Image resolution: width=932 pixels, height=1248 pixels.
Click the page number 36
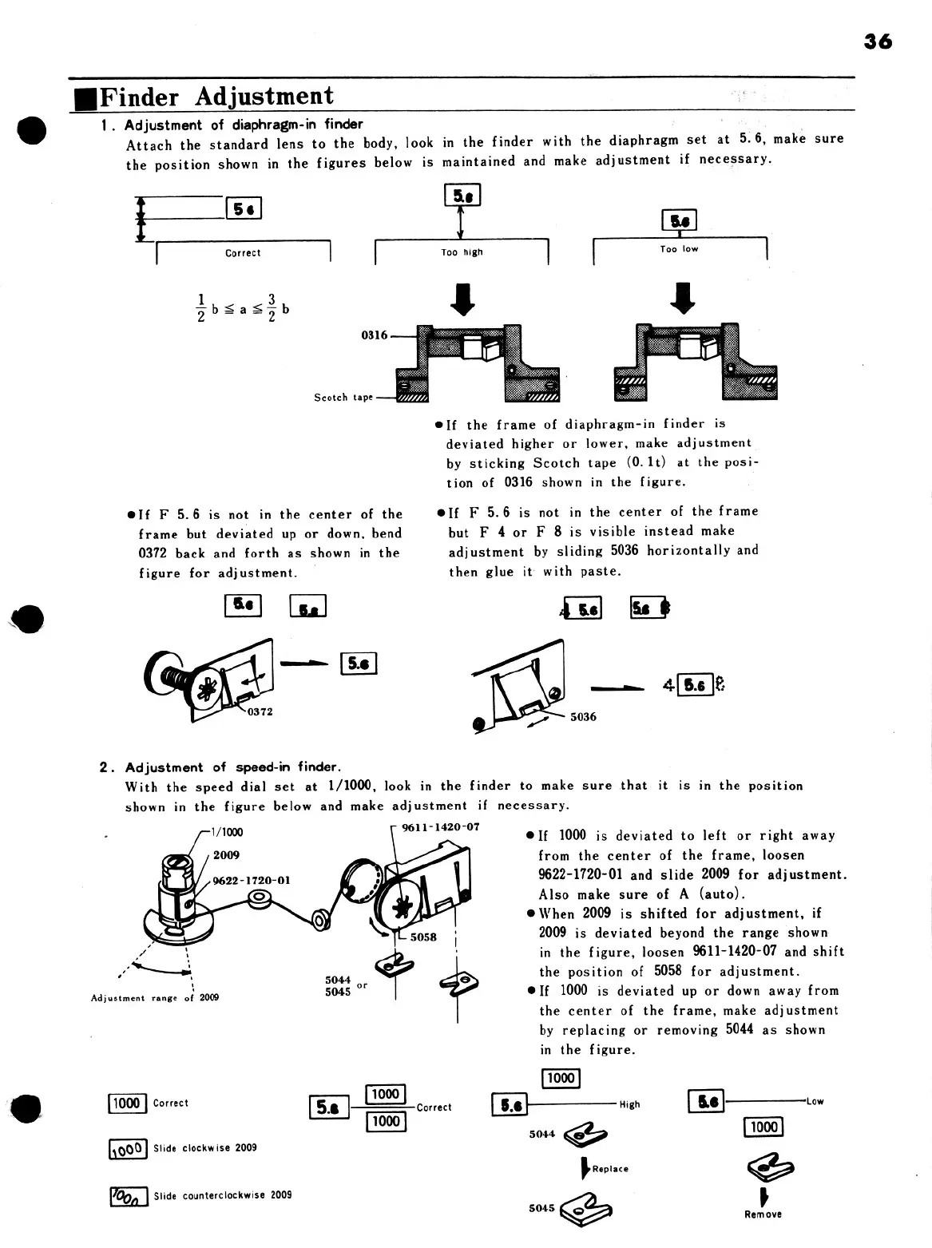click(x=878, y=42)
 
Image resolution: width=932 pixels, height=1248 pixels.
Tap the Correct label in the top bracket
click(x=243, y=253)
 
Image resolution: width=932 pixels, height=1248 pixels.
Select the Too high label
click(x=462, y=252)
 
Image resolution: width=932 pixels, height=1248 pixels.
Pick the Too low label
click(x=679, y=249)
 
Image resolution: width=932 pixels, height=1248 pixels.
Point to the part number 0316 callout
click(x=374, y=335)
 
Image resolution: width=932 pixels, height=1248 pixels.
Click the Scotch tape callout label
click(x=343, y=397)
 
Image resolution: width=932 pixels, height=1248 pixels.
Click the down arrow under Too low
click(x=684, y=298)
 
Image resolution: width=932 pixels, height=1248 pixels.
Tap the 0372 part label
click(x=260, y=711)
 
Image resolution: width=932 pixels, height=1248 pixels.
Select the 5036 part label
click(x=583, y=717)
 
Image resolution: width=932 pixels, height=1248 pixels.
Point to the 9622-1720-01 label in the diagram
click(x=252, y=881)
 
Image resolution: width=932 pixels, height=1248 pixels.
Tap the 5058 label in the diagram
click(x=423, y=937)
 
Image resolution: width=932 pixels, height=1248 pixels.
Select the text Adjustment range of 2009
click(x=155, y=998)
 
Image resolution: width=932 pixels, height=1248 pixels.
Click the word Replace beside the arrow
click(x=610, y=1169)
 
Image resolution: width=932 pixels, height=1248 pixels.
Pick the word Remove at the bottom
click(x=763, y=1214)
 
